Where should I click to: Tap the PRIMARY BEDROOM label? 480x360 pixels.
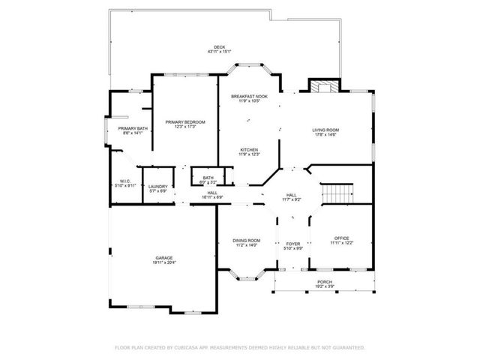coord(184,121)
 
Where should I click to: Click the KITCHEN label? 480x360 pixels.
coord(249,149)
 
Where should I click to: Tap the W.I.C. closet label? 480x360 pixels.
coord(125,181)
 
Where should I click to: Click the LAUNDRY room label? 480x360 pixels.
coord(157,186)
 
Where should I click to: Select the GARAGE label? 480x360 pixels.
coord(163,256)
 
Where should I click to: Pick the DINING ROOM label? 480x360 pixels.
coord(247,240)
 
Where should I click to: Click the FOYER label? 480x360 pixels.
coord(292,244)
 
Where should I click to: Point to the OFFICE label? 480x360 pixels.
coord(340,238)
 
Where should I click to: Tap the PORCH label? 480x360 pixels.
coord(324,282)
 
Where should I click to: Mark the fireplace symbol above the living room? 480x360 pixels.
coord(322,86)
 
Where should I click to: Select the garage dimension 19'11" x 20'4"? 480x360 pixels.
coord(163,262)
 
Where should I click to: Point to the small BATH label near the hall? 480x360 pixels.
coord(208,178)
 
